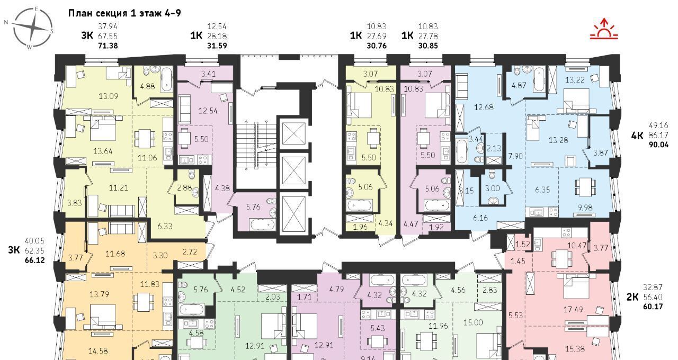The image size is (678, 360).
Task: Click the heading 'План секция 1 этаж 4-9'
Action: [124, 13]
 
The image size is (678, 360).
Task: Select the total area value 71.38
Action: [108, 46]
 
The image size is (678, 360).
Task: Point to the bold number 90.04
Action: [658, 145]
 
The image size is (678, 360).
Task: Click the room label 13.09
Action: [109, 96]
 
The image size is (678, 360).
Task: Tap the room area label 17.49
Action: [573, 310]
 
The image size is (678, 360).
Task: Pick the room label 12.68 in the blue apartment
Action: [484, 107]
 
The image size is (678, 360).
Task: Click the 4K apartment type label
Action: [637, 135]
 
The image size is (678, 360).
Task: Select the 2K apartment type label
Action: [632, 297]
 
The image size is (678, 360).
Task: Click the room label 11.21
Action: [118, 187]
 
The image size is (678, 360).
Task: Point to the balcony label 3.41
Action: [209, 74]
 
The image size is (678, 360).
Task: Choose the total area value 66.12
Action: [35, 260]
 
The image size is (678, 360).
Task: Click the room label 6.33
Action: [165, 226]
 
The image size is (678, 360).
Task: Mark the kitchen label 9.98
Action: [585, 208]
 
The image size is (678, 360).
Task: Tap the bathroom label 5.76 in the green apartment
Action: [200, 289]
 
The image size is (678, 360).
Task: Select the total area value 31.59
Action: [217, 46]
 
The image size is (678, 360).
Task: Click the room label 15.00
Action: [473, 322]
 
